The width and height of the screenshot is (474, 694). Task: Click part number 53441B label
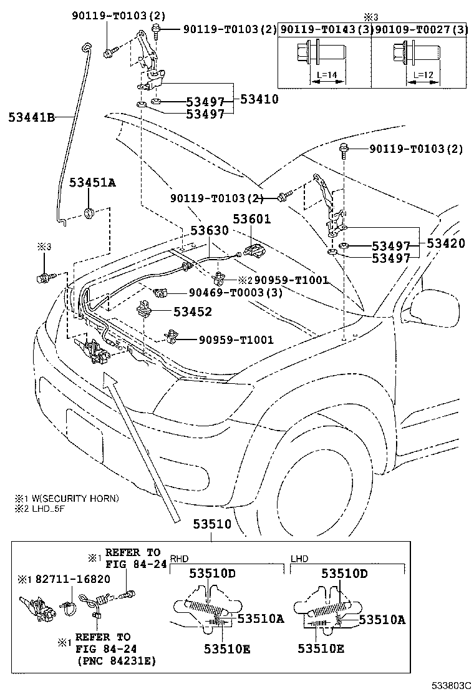[31, 116]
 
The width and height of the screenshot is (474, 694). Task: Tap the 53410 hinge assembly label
[259, 99]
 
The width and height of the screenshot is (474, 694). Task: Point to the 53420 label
[445, 244]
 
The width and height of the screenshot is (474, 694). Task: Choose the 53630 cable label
[210, 230]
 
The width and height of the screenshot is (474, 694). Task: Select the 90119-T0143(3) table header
[326, 29]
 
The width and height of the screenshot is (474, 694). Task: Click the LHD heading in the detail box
[299, 559]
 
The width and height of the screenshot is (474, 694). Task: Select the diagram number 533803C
[447, 685]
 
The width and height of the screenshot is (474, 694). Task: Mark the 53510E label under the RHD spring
[226, 648]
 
